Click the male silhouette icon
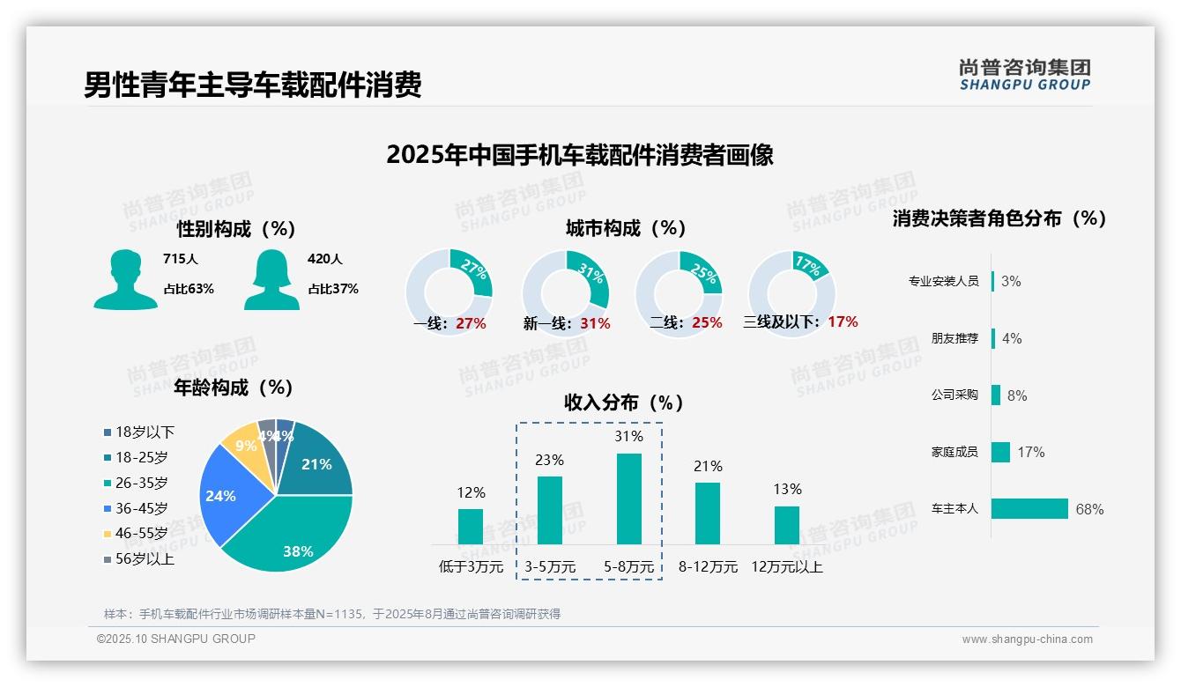[125, 279]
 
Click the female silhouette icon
[271, 279]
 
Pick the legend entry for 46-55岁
[136, 534]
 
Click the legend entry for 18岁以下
[139, 432]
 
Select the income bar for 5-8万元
[628, 499]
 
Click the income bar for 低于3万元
[471, 526]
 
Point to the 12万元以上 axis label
[787, 567]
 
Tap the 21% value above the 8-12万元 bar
[708, 466]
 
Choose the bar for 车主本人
[1029, 509]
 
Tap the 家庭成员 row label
[954, 452]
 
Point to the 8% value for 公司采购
[1017, 395]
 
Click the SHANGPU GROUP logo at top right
[1024, 75]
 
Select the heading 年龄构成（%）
[234, 388]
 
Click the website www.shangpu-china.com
[1027, 639]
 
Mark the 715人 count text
[181, 259]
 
